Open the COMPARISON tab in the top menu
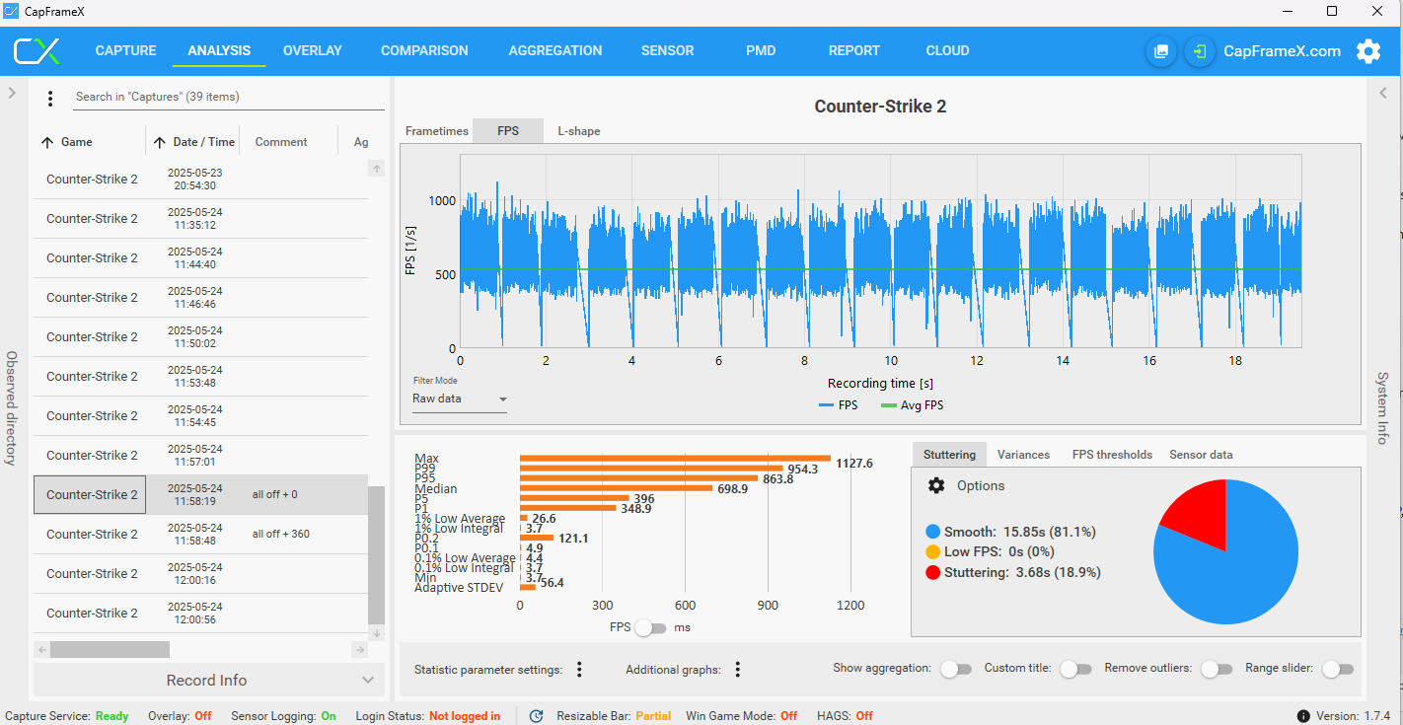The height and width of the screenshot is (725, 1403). [424, 50]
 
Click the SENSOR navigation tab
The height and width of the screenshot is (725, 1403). [667, 50]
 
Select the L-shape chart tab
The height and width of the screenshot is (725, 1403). [579, 131]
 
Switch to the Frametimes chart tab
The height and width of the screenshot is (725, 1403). [436, 131]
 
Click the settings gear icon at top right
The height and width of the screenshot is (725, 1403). [1368, 51]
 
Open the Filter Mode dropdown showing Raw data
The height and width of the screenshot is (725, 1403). [459, 399]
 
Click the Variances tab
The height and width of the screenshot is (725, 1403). [1023, 455]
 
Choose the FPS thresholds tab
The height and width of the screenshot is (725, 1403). [1112, 455]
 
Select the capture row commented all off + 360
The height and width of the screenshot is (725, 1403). [200, 534]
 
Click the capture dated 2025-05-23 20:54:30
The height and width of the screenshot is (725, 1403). [200, 180]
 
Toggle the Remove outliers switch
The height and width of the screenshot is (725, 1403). [1217, 670]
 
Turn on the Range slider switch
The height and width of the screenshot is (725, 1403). [1338, 670]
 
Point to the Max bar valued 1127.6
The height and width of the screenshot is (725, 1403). [675, 459]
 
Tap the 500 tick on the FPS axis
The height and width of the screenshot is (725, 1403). [445, 275]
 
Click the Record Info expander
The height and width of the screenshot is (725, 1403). [206, 680]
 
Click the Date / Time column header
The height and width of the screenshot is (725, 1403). [194, 142]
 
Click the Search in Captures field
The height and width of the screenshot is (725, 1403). [229, 97]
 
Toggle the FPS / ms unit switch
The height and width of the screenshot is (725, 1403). [651, 628]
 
